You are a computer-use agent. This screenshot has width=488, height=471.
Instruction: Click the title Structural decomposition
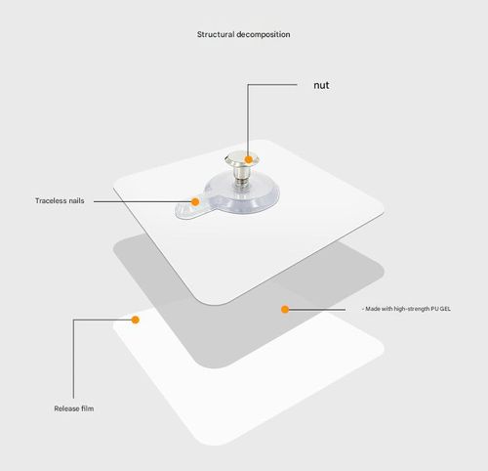(243, 34)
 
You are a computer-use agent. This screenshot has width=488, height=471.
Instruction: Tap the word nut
(321, 85)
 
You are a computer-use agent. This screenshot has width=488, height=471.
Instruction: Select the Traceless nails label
(60, 200)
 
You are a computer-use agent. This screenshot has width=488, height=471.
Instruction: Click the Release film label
(74, 408)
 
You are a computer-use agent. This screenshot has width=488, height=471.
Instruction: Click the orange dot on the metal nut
(249, 159)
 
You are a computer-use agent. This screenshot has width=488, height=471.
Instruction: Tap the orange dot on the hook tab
(195, 202)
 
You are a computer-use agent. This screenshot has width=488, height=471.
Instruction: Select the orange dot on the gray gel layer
(285, 309)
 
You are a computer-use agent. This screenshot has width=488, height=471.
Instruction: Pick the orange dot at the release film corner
(136, 320)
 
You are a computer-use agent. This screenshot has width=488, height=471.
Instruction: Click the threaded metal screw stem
(241, 174)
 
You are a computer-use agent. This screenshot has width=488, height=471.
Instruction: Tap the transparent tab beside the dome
(188, 207)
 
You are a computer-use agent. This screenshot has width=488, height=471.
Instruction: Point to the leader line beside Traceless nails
(143, 201)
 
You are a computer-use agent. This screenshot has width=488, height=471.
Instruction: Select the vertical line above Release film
(73, 359)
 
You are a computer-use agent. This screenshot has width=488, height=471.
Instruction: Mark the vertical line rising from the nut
(248, 120)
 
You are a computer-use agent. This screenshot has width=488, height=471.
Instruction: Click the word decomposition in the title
(264, 34)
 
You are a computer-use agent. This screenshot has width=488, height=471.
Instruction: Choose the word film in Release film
(88, 408)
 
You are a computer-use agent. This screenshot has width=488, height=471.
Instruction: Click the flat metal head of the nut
(241, 159)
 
